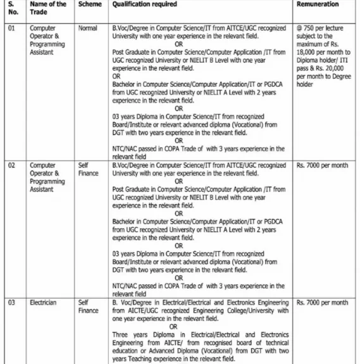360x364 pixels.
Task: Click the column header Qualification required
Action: click(x=144, y=4)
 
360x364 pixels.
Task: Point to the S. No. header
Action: click(x=13, y=8)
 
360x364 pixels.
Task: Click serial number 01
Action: click(x=11, y=28)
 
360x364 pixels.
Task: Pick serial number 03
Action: click(x=11, y=303)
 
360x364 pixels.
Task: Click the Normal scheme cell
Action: click(x=88, y=28)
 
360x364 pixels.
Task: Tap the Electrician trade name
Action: click(x=43, y=303)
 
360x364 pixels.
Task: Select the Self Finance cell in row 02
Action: click(x=89, y=169)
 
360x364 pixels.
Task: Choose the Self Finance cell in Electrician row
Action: click(x=89, y=306)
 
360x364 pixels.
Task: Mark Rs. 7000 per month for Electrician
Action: click(x=322, y=303)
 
